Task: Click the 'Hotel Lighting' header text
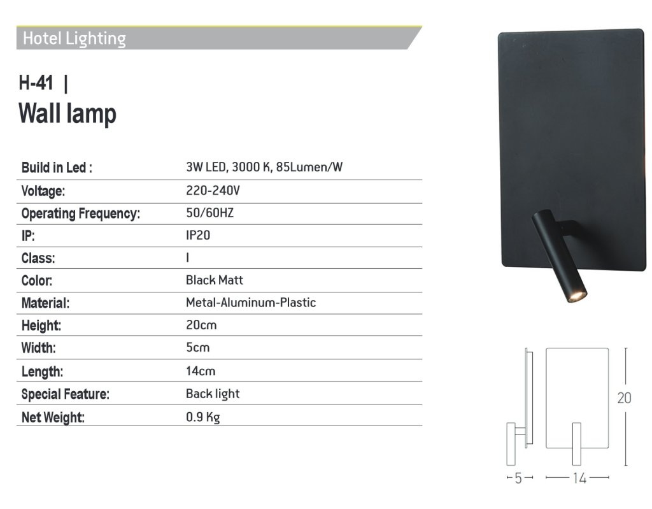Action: coord(74,39)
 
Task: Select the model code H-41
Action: coord(36,83)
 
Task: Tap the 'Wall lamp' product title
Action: coord(67,113)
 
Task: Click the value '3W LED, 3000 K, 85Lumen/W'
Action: coord(264,168)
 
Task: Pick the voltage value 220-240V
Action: coord(213,190)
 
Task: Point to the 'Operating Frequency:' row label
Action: coord(81,213)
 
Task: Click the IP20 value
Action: coord(198,235)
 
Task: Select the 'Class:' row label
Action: coord(38,258)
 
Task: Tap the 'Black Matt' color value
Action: coord(215,280)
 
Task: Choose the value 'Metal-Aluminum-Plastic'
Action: coord(251,303)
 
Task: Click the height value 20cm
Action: coord(201,325)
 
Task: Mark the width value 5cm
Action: coord(197,348)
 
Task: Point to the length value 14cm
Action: coord(201,371)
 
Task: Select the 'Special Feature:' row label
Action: coord(66,394)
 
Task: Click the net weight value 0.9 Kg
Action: coord(203,417)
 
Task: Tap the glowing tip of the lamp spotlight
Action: coord(577,295)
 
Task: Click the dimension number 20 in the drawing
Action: coord(624,398)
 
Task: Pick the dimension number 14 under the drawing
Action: coord(579,478)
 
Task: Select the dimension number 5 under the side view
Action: coord(518,478)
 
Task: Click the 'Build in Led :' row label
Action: coord(57,168)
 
